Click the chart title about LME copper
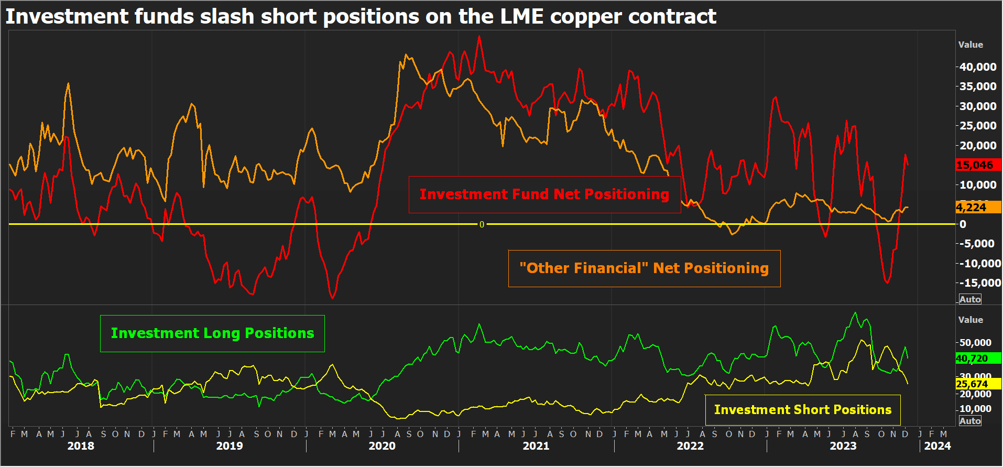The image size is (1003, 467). (361, 16)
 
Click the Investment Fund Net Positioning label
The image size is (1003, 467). (544, 194)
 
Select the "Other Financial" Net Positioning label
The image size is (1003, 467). (644, 268)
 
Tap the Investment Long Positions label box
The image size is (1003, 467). (212, 333)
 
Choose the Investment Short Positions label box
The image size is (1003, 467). (802, 410)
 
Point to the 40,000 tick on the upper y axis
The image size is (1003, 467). (977, 67)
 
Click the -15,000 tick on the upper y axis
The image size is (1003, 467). (979, 283)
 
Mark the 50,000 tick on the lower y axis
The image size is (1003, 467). (975, 343)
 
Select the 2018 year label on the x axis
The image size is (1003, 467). (81, 446)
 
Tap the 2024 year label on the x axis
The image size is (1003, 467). (937, 446)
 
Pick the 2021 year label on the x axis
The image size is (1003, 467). (536, 446)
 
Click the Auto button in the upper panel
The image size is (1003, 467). (970, 299)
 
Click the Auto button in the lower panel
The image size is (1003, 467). (970, 421)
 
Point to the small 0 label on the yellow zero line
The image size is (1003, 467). (482, 224)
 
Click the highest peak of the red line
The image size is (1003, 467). (479, 36)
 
